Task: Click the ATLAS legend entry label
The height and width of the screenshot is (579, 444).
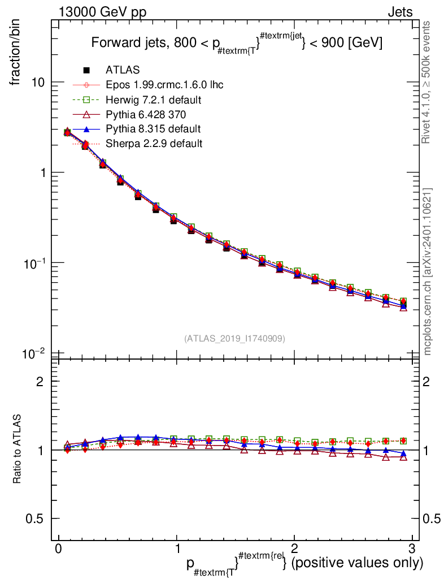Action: click(123, 70)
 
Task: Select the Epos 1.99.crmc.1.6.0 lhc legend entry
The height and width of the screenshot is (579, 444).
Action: click(164, 85)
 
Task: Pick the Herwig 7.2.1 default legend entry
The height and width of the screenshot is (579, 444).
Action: click(154, 100)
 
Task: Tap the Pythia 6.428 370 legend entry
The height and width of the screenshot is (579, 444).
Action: click(150, 114)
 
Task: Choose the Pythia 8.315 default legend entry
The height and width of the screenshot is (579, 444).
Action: click(153, 129)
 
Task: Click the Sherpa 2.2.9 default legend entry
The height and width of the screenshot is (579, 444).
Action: click(154, 144)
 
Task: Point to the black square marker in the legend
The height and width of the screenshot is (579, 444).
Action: click(86, 70)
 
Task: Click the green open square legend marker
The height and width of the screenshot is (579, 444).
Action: click(86, 100)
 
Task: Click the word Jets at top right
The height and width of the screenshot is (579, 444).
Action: click(399, 12)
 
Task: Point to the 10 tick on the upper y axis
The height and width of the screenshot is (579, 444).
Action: click(37, 83)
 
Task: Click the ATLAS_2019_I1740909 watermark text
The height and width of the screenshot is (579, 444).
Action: click(234, 338)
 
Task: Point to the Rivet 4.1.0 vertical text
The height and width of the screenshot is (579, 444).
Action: click(428, 83)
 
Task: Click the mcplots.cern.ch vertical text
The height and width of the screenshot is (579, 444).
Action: click(428, 271)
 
